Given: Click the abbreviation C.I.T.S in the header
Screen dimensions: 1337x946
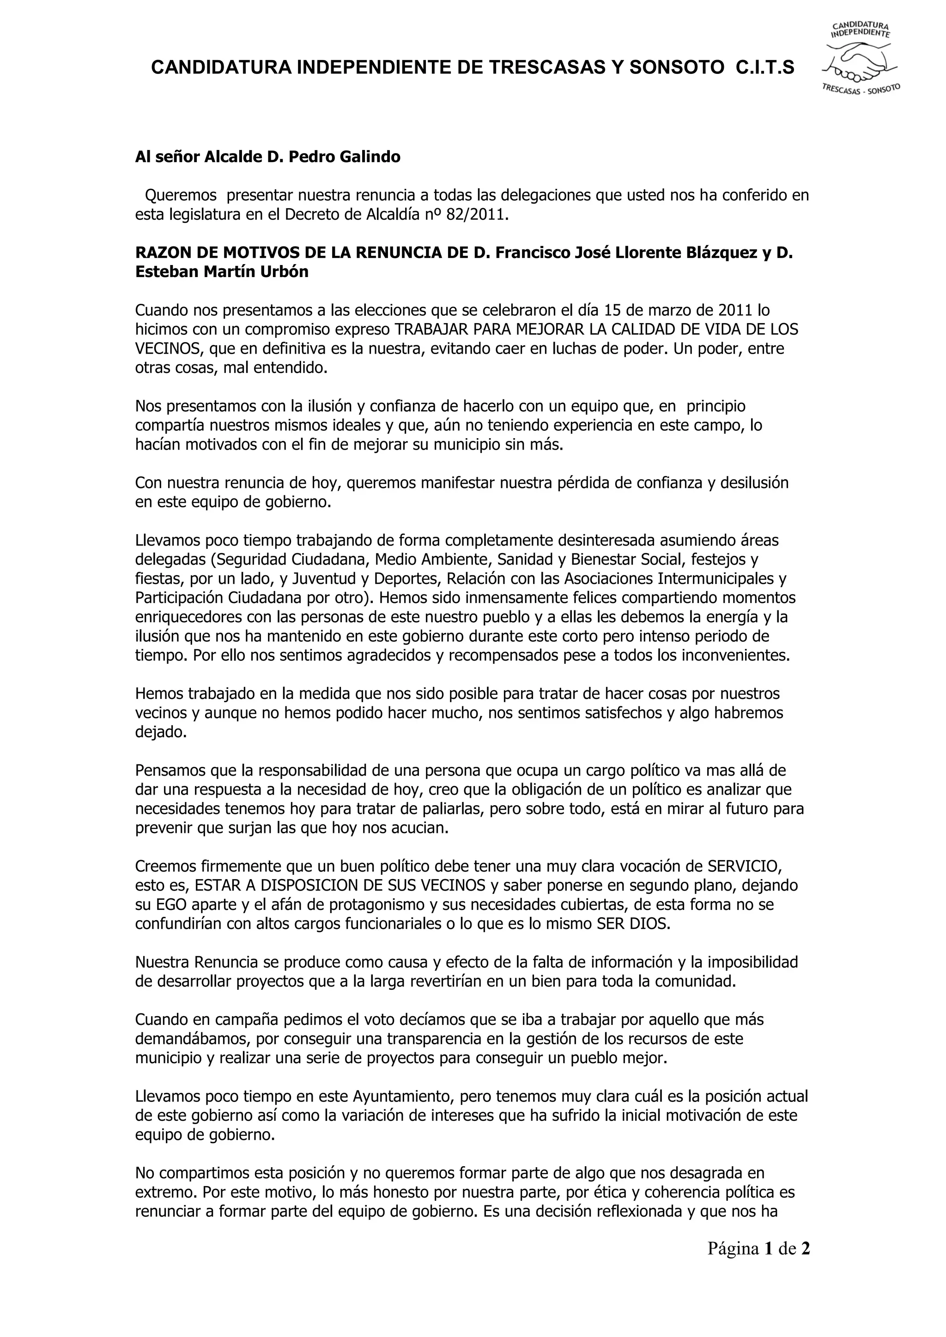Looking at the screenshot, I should pyautogui.click(x=765, y=68).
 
